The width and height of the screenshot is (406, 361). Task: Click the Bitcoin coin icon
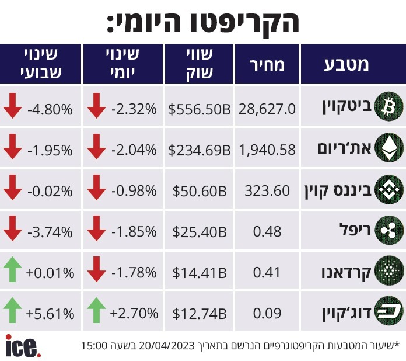[389, 106]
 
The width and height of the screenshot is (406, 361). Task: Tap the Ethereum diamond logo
[389, 148]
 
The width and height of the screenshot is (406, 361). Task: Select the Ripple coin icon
[389, 230]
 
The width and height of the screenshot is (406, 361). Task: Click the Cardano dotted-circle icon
[389, 271]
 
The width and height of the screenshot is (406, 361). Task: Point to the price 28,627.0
[267, 109]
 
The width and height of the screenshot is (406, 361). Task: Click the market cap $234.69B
[199, 150]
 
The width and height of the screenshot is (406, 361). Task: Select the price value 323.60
[267, 191]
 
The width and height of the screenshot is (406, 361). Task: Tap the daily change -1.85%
[134, 231]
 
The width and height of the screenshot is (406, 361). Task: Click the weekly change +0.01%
[50, 273]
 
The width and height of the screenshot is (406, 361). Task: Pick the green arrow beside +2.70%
[97, 310]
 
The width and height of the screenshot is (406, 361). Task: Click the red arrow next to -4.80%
[12, 106]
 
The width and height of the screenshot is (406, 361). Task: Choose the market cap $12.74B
[199, 313]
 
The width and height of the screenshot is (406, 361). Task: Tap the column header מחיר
[267, 65]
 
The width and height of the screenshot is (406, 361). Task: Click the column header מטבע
[346, 65]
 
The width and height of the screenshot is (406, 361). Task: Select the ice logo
[23, 346]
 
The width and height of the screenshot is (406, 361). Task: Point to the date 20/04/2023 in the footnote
[166, 346]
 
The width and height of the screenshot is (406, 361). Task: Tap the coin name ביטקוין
[347, 107]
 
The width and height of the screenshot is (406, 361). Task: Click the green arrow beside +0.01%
[12, 269]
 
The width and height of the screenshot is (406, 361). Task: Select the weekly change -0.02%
[50, 192]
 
